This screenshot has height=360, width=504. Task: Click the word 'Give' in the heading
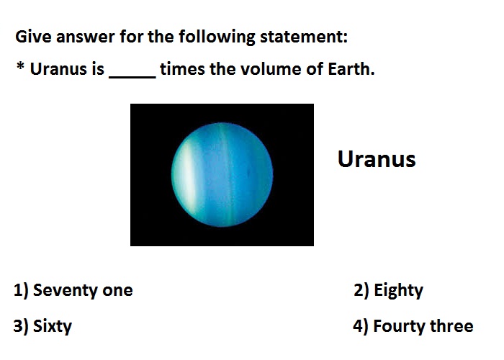(33, 36)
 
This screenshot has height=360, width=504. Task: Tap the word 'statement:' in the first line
(304, 37)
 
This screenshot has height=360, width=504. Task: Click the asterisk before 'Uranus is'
(20, 66)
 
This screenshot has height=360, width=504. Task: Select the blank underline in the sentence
(132, 77)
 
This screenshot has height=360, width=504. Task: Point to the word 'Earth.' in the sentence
(351, 69)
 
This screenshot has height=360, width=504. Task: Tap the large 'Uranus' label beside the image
(377, 159)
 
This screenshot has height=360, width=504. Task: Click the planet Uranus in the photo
(222, 174)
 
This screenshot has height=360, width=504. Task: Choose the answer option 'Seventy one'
(83, 290)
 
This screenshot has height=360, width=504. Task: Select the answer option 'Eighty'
(399, 291)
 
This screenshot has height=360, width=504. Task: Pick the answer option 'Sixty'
(53, 326)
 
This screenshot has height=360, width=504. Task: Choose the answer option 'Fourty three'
(423, 326)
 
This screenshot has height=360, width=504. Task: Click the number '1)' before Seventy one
(21, 290)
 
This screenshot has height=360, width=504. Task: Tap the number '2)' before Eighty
(361, 290)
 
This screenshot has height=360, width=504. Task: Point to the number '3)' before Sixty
(21, 326)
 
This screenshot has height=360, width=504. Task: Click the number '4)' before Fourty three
(361, 326)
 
